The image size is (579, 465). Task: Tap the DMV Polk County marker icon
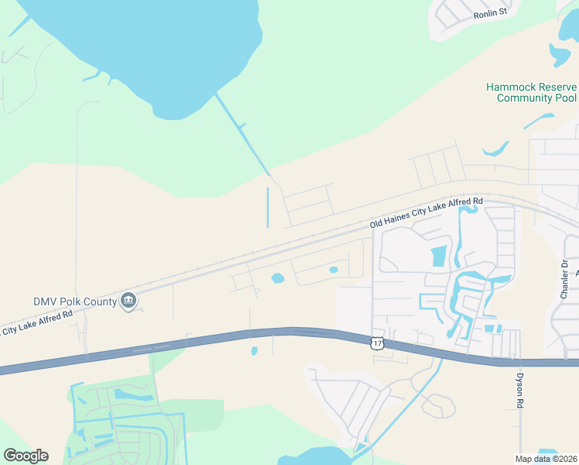(x=128, y=301)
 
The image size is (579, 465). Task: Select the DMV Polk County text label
(x=75, y=301)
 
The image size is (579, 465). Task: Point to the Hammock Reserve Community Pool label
(x=531, y=92)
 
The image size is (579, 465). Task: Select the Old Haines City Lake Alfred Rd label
(x=427, y=212)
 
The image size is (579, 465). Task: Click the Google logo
(x=26, y=456)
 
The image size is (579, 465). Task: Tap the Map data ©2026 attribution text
(x=546, y=458)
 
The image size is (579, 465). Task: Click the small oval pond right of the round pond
(x=334, y=270)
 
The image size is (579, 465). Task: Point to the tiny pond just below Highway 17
(x=254, y=351)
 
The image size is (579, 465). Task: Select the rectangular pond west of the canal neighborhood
(x=438, y=256)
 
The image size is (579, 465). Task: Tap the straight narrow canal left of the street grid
(x=268, y=207)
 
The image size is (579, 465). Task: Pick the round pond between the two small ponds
(x=277, y=278)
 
